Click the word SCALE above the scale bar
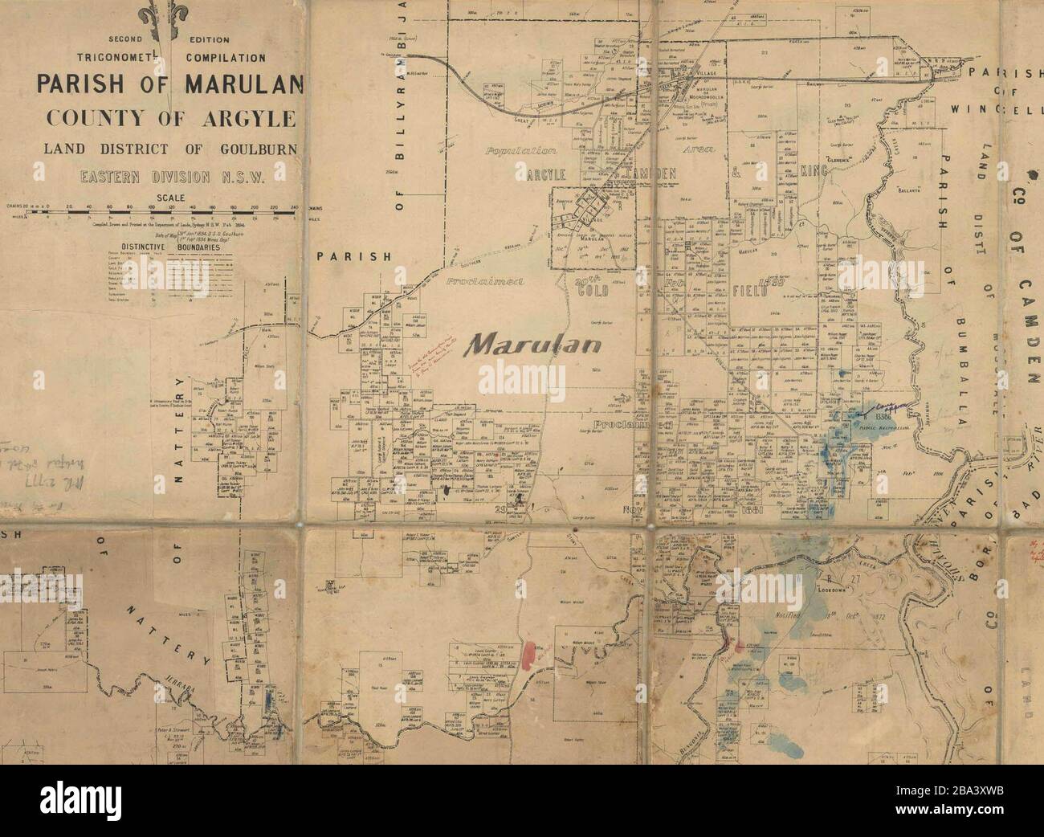coord(170,197)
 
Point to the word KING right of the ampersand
coord(813,171)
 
